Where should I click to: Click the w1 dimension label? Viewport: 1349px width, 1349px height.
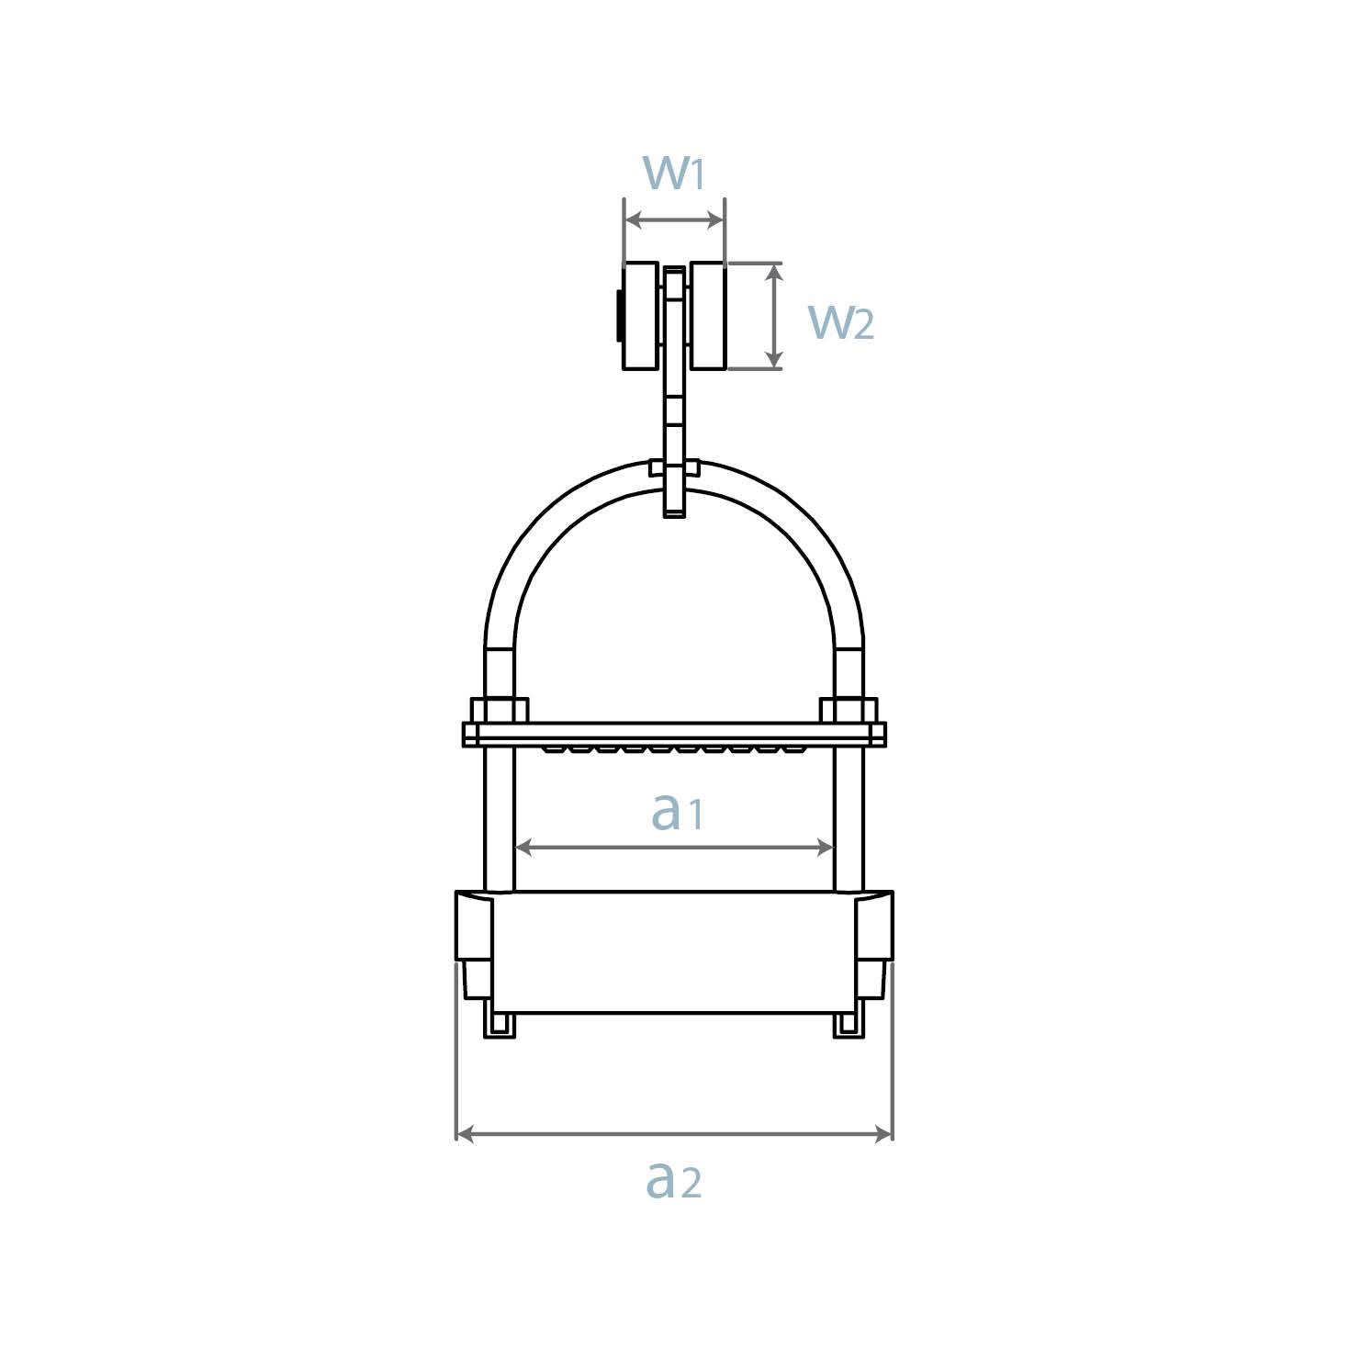(674, 172)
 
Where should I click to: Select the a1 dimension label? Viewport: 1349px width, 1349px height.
(676, 811)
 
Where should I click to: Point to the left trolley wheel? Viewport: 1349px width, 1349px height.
(641, 317)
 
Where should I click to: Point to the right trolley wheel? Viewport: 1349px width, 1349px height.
(708, 317)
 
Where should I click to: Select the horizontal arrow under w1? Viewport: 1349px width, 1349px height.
(674, 220)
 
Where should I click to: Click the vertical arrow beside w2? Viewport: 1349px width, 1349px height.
(775, 316)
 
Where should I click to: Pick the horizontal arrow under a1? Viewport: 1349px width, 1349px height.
(675, 848)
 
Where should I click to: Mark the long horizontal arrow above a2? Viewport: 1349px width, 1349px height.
(674, 1134)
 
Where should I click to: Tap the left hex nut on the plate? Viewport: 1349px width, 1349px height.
(499, 710)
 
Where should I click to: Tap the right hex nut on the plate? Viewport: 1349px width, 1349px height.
(849, 710)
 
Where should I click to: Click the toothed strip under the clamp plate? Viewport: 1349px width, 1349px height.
(675, 749)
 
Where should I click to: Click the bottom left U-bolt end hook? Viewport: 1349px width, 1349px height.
(500, 1027)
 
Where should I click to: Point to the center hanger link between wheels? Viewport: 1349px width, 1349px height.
(675, 386)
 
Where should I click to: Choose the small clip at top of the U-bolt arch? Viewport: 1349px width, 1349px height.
(675, 467)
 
